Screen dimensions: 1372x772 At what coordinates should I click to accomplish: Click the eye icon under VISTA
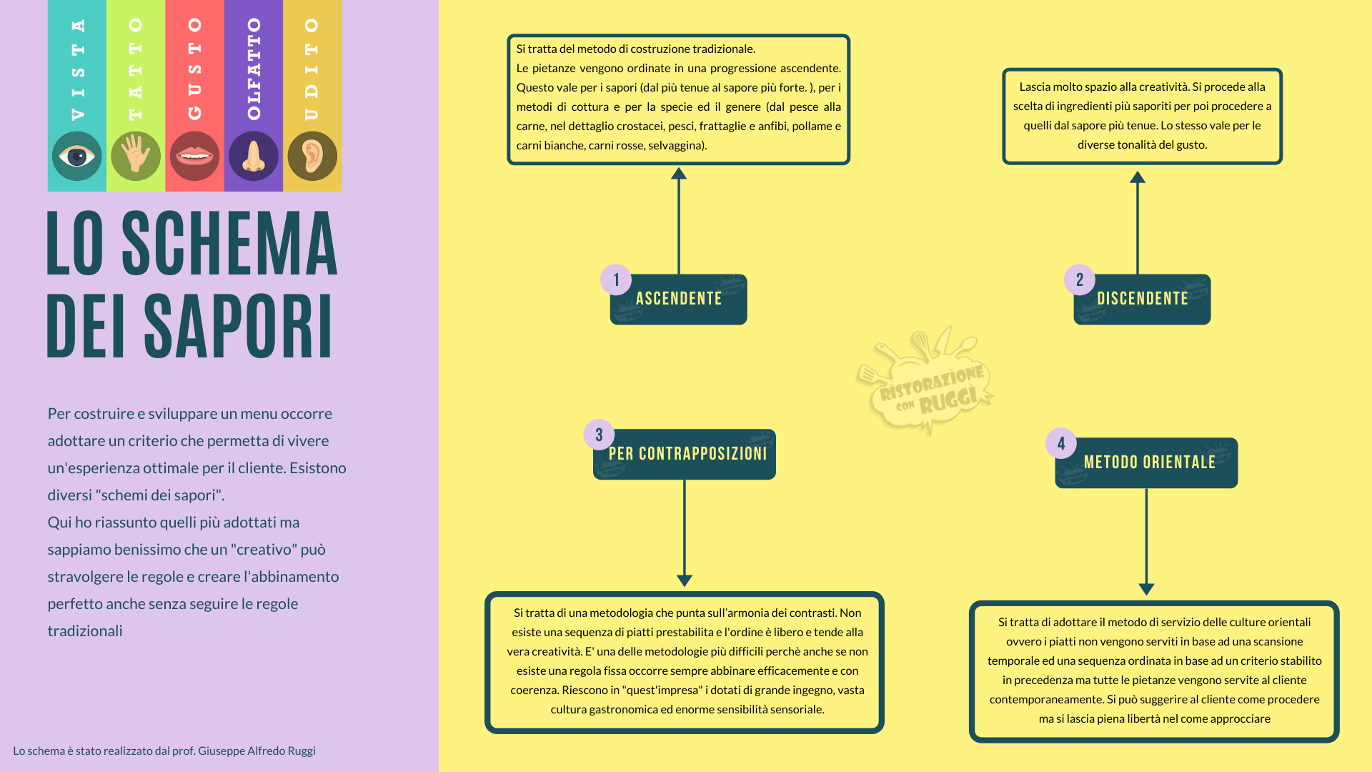click(76, 156)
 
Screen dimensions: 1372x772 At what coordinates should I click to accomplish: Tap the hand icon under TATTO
click(136, 156)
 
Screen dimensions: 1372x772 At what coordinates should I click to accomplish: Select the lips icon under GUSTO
click(194, 156)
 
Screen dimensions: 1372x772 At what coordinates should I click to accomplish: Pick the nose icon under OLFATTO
click(253, 156)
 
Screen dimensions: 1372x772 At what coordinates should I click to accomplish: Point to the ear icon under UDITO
click(312, 156)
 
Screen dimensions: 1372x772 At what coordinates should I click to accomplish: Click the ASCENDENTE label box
click(679, 300)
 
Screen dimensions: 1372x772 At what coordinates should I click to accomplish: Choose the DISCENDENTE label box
click(1143, 300)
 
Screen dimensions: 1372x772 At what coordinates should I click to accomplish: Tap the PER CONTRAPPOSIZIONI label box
click(685, 455)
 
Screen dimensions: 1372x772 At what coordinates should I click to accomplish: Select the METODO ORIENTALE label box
click(1147, 463)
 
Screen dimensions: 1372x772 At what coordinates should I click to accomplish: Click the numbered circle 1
click(616, 279)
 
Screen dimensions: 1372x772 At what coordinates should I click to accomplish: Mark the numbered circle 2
click(1080, 279)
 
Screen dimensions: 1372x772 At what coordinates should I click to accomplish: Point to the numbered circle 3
click(599, 435)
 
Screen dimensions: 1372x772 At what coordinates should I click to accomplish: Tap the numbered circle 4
click(1061, 443)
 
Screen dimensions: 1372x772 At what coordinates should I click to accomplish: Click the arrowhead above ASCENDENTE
click(679, 173)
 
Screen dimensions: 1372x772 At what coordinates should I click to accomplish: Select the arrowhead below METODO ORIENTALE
click(1147, 589)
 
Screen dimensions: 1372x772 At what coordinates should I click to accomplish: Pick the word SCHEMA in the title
click(230, 244)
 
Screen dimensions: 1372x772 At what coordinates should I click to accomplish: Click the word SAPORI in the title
click(239, 326)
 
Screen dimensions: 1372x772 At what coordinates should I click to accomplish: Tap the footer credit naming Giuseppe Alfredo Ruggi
click(164, 751)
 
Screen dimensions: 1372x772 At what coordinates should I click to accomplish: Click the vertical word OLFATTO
click(254, 69)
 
